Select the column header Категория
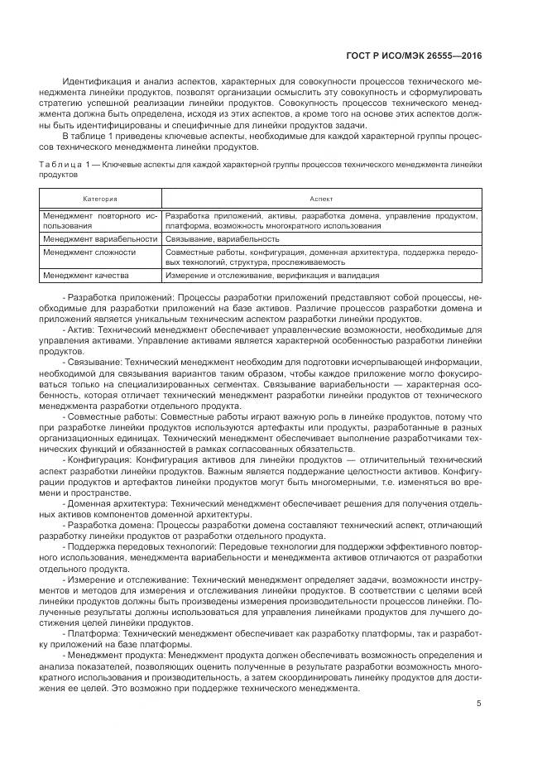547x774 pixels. point(100,199)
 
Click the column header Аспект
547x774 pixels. point(320,199)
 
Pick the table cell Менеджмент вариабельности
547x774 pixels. point(99,238)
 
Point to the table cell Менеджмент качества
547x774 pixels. point(81,275)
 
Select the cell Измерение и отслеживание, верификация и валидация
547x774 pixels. point(272,275)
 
